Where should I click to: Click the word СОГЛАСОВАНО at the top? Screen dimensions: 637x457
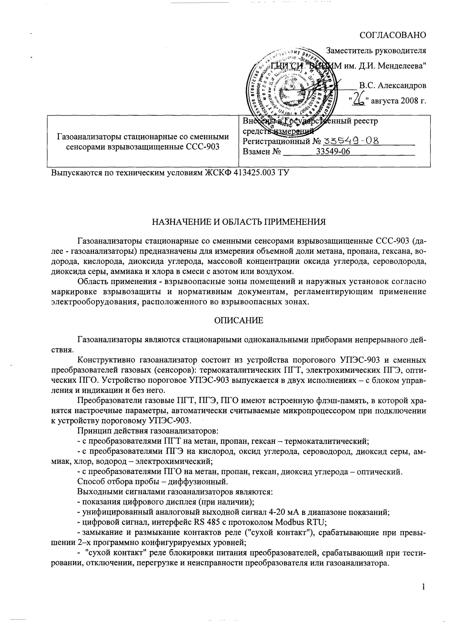tap(393, 35)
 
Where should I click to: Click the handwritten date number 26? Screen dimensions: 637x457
tap(359, 100)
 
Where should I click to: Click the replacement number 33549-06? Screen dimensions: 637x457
tap(333, 151)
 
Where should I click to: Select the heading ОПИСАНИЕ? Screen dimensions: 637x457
tap(239, 320)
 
